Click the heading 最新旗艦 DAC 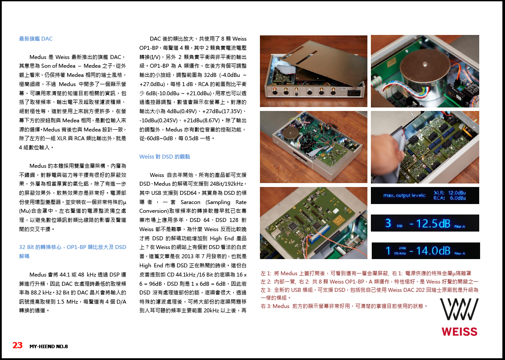(x=36, y=38)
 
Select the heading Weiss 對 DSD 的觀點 (x=165, y=157)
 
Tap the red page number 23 (x=17, y=346)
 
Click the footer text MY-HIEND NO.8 (x=48, y=346)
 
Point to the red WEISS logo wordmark (x=459, y=332)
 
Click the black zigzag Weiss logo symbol (x=459, y=309)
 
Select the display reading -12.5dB (x=430, y=223)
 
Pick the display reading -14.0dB (x=430, y=250)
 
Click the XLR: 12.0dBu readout (x=450, y=193)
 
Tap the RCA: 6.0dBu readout (x=450, y=198)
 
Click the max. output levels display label (x=404, y=195)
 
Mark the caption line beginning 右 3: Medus (x=344, y=306)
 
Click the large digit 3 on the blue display (x=388, y=223)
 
